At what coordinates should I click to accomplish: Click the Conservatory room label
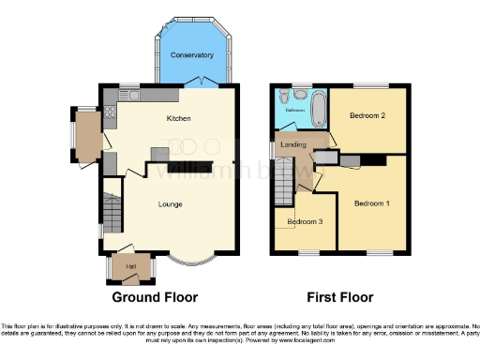pyautogui.click(x=191, y=55)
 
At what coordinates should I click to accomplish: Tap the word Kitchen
pyautogui.click(x=178, y=119)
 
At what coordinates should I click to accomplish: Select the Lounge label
pyautogui.click(x=170, y=204)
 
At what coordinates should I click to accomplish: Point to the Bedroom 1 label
pyautogui.click(x=372, y=203)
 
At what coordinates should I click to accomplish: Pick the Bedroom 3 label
pyautogui.click(x=305, y=221)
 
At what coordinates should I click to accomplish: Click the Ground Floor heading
pyautogui.click(x=155, y=297)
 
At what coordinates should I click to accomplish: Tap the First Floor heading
pyautogui.click(x=339, y=297)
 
